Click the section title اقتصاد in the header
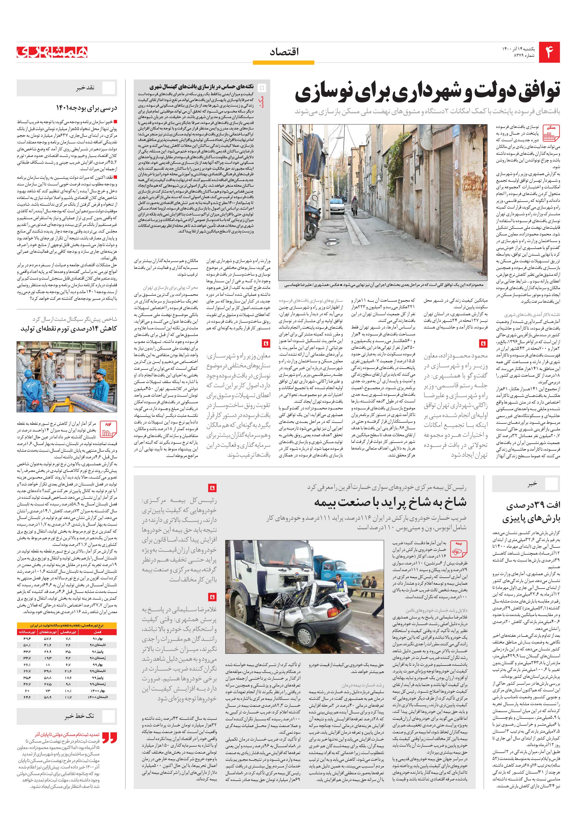(284, 52)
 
